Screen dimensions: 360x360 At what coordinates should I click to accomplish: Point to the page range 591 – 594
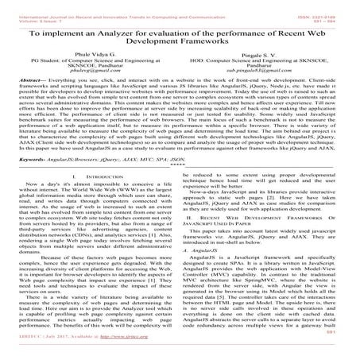[335, 12]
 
